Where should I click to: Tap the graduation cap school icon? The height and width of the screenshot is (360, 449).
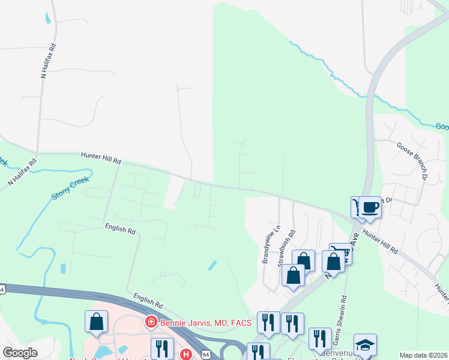[x=364, y=345]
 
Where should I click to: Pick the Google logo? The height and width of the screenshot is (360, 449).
[x=20, y=353]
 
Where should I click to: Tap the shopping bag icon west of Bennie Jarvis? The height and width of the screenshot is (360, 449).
[x=96, y=322]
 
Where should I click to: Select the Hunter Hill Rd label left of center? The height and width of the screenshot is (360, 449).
[x=101, y=158]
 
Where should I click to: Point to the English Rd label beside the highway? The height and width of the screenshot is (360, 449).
[x=149, y=300]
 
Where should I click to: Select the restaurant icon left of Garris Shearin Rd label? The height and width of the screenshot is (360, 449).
[x=320, y=338]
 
